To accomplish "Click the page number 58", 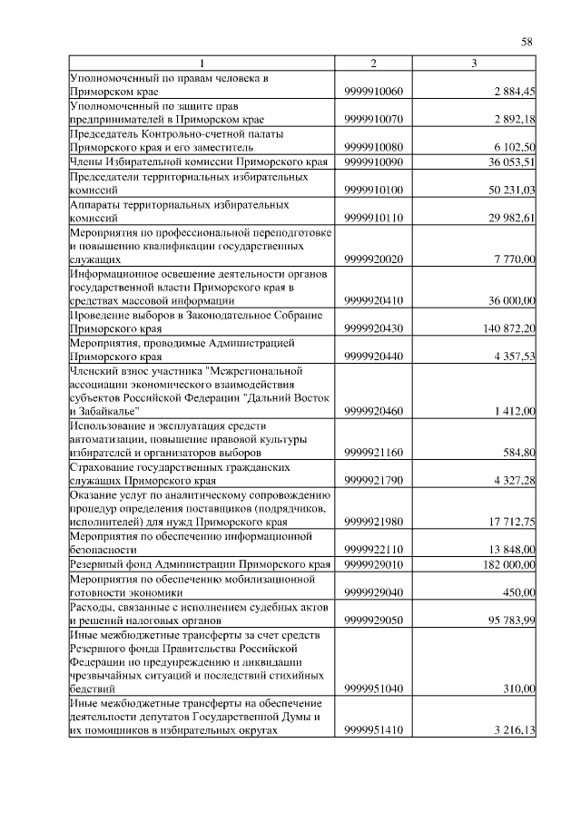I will tap(526, 41).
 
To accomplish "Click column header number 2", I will tap(372, 63).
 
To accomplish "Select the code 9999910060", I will tap(373, 92).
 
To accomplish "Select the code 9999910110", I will tap(373, 219).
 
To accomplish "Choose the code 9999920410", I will tap(373, 300).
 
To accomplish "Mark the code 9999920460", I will tap(373, 411).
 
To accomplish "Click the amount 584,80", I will tap(518, 451).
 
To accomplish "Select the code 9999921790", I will tap(373, 480).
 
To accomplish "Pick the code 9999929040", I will tap(373, 592).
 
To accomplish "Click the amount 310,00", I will tap(518, 689).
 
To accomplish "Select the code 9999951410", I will tap(373, 730).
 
